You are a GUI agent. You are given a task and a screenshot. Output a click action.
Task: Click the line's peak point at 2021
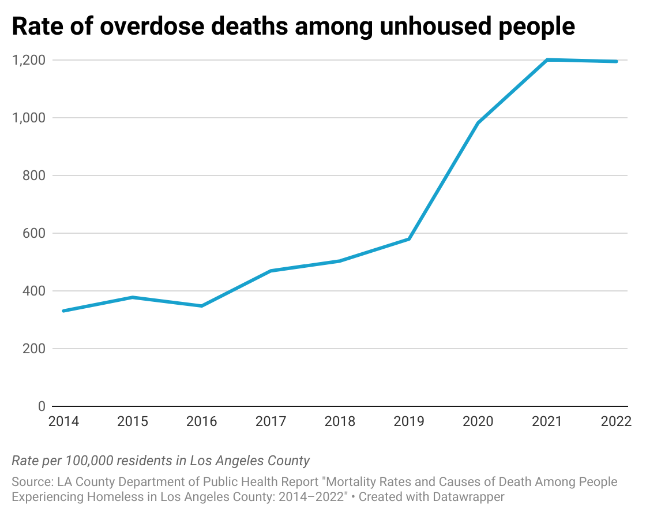click(x=547, y=59)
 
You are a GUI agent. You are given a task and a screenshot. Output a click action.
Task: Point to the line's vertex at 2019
click(x=409, y=239)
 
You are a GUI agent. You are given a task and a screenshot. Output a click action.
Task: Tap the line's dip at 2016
click(x=201, y=306)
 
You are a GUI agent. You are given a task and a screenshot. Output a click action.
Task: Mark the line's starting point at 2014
click(x=63, y=311)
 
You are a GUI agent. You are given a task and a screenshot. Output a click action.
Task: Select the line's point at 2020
click(x=478, y=123)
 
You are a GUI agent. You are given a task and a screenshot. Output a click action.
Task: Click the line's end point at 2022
click(x=617, y=61)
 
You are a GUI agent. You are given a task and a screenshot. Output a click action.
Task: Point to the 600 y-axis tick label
click(x=33, y=233)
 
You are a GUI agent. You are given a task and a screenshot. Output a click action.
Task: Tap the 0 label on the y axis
click(x=41, y=406)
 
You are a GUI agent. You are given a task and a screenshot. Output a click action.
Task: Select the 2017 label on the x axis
click(x=271, y=421)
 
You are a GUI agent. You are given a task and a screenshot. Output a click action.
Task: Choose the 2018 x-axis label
click(x=340, y=421)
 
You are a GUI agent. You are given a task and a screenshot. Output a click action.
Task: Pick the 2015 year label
click(x=132, y=421)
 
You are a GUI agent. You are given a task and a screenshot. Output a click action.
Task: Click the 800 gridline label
click(x=33, y=175)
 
